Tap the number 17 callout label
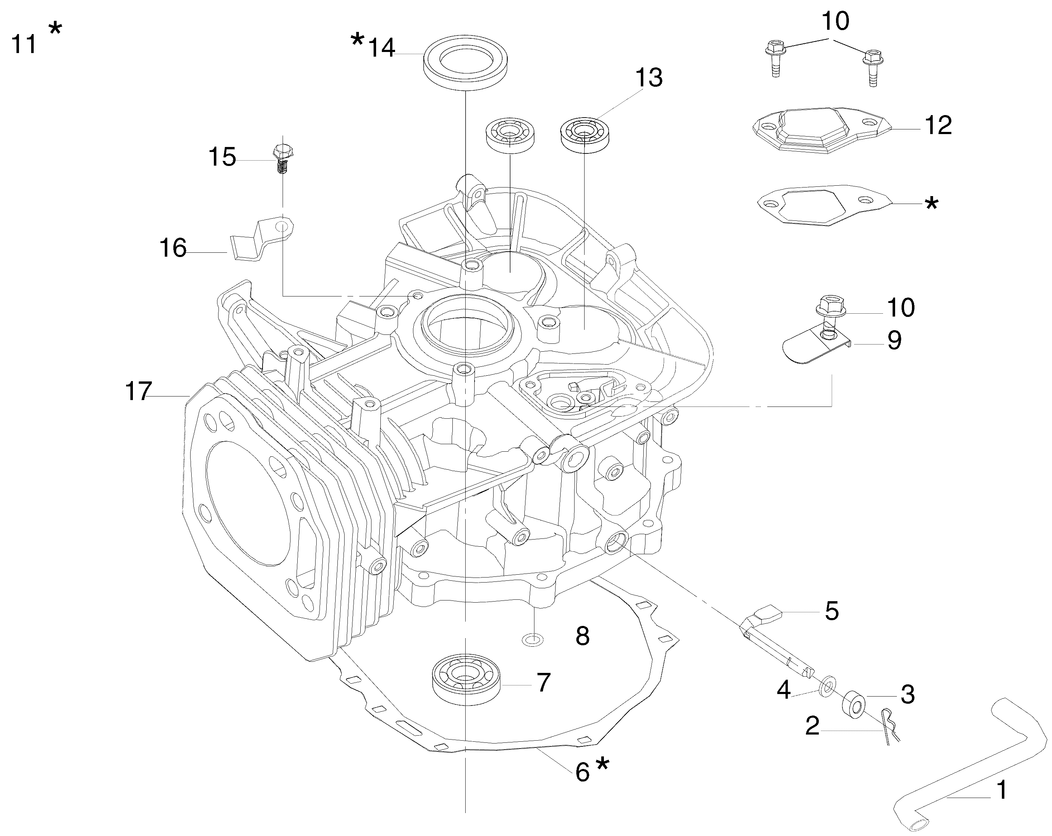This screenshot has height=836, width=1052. pos(139,391)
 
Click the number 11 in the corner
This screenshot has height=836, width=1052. pos(24,44)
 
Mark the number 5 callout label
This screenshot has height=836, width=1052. pos(831,611)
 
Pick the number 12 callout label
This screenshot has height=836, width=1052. pos(938,126)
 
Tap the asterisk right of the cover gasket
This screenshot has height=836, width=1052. pos(932,203)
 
